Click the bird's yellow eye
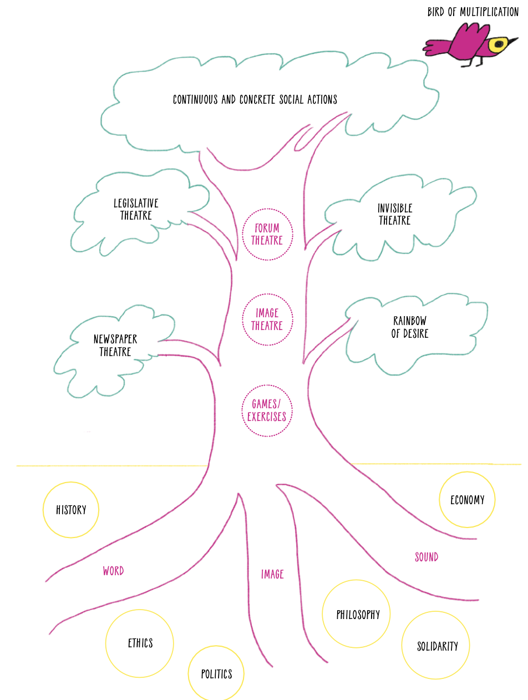[497, 44]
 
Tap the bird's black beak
[512, 41]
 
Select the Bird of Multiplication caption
[473, 12]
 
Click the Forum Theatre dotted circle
[267, 235]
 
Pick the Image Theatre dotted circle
[267, 319]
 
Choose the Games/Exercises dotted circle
[267, 410]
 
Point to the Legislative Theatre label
[136, 209]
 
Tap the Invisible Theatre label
[395, 214]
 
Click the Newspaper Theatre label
[115, 346]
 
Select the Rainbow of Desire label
[410, 327]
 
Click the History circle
[71, 510]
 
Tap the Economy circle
[467, 499]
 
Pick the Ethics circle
[139, 643]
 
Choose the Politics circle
[216, 673]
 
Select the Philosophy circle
[356, 613]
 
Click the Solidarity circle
[435, 645]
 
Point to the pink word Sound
[427, 557]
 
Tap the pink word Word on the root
[113, 571]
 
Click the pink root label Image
[272, 574]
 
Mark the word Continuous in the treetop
[195, 99]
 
